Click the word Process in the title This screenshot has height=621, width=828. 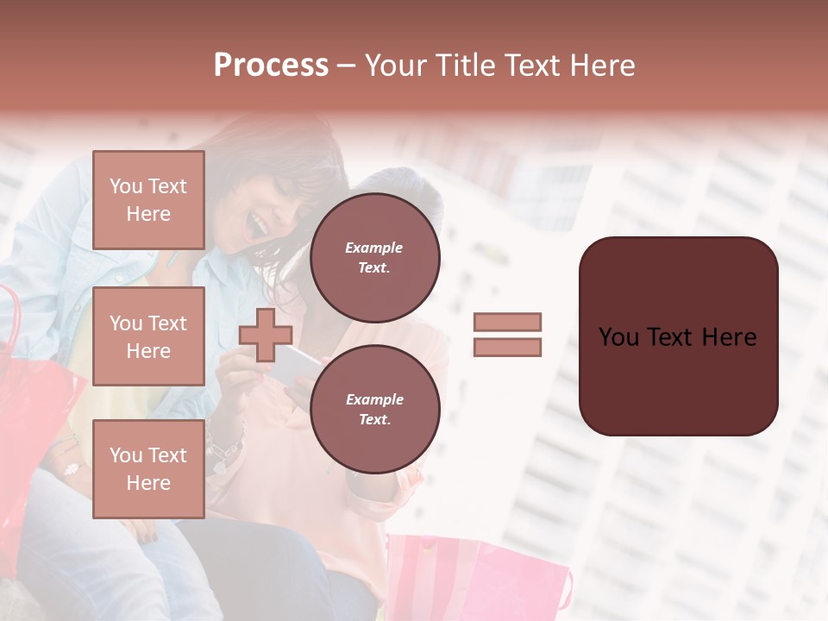coord(271,66)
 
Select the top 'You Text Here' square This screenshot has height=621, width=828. coord(148,200)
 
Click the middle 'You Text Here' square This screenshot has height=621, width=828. coord(148,336)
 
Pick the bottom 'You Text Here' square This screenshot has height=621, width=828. coord(148,468)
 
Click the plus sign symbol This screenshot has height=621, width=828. coord(266,335)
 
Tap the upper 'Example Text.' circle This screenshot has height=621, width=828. coord(374,258)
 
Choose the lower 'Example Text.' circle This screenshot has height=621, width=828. coord(374,410)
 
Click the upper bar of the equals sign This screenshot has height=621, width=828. coord(507,323)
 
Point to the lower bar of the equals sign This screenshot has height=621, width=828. coord(507,348)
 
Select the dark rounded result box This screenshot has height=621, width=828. coord(678,336)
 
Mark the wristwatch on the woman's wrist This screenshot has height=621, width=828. coord(226,448)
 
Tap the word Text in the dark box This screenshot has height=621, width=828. coord(678,337)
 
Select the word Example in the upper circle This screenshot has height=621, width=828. coord(374,248)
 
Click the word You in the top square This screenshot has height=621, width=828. coord(126,186)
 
